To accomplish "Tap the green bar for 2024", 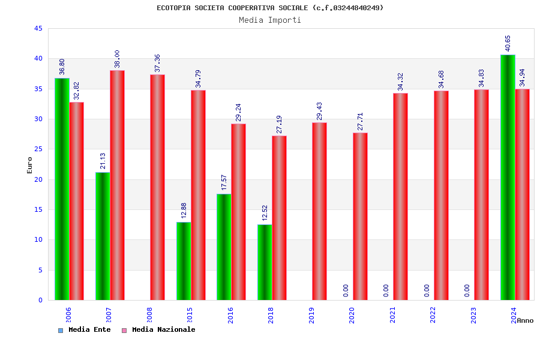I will (x=508, y=177).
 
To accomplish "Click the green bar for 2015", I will (x=184, y=261).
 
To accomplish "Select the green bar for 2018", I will (x=265, y=262).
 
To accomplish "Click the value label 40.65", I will (x=508, y=43).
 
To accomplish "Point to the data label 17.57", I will (x=224, y=182).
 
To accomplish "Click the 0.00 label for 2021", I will (x=386, y=290).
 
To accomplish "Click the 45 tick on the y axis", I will (x=38, y=28).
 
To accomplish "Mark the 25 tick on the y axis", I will (x=38, y=149).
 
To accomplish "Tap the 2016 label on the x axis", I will (x=231, y=315).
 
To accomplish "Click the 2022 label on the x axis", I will (x=433, y=315).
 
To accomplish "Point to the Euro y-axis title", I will (x=30, y=165).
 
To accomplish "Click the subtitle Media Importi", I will (x=270, y=20).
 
